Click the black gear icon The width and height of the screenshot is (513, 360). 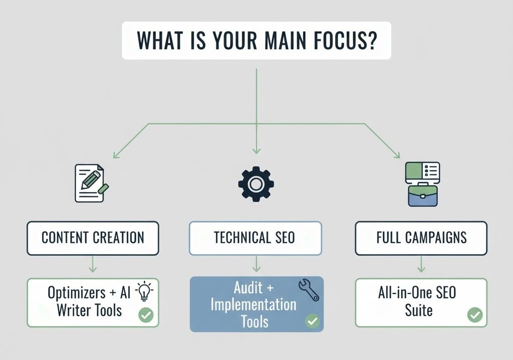coord(256,184)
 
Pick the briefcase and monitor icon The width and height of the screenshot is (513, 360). coord(422,184)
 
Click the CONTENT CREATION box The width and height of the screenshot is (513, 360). coord(93,238)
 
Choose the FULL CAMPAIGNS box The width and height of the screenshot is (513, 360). coord(421,238)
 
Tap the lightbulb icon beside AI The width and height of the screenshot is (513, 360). coord(145,291)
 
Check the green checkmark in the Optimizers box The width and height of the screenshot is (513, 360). coord(146,315)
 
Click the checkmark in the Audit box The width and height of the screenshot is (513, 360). coord(313,321)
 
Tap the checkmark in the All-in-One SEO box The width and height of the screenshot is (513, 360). coord(474,315)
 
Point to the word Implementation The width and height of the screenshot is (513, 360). coord(253,304)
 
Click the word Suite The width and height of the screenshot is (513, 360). coord(418,310)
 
